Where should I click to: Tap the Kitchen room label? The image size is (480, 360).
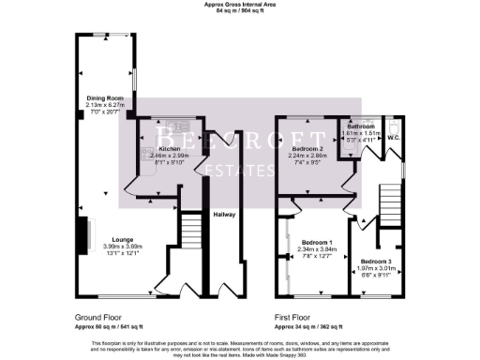170,149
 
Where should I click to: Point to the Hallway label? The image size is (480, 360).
223,215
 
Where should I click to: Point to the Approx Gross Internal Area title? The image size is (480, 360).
239,5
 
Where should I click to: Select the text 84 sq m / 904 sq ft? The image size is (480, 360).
239,11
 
